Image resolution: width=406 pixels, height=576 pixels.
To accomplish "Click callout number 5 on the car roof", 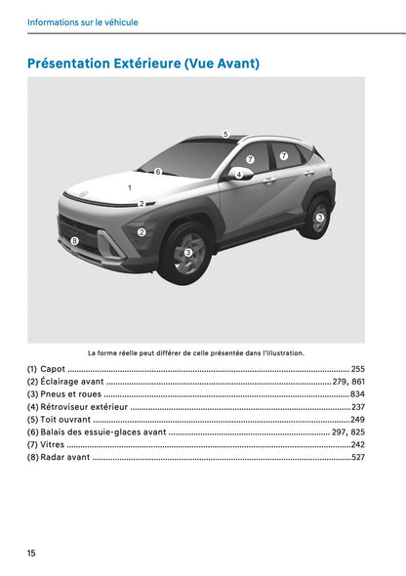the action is [x=224, y=134].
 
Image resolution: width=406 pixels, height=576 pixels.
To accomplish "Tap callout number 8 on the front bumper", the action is [x=74, y=239].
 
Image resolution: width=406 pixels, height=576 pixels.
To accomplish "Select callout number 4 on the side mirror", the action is [x=238, y=175].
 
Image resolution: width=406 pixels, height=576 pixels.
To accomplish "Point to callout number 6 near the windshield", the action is [x=157, y=171].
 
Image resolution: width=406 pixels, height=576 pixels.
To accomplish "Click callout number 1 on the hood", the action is [x=129, y=185].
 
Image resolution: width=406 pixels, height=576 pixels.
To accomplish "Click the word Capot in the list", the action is [x=53, y=369].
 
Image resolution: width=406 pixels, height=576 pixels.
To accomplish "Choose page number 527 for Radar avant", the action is [x=357, y=458].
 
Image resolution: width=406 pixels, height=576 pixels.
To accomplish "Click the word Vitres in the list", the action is [x=53, y=445].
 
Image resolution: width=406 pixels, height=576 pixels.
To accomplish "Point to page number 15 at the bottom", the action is [x=31, y=554].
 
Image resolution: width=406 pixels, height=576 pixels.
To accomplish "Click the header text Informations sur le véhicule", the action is [x=83, y=21].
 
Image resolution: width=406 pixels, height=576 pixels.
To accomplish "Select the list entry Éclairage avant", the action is [x=71, y=382].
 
